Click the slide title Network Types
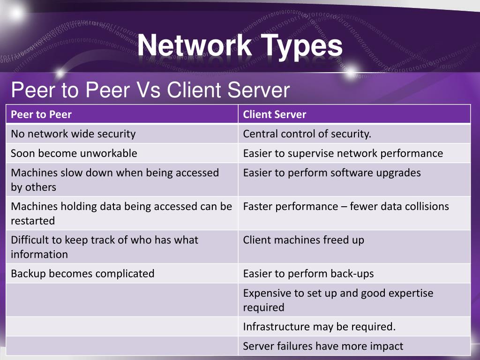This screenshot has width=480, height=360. tap(240, 46)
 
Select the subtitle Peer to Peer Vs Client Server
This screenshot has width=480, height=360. tap(150, 90)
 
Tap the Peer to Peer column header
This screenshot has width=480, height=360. tap(41, 114)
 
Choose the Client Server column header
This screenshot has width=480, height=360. tap(275, 114)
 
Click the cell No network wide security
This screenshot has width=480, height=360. tap(73, 134)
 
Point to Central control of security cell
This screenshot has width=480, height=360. tap(307, 134)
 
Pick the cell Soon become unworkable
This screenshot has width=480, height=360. tap(74, 153)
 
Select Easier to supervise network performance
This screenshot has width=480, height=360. tap(343, 153)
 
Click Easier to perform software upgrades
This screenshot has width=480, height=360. tap(332, 172)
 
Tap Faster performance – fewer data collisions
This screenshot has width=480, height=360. tap(346, 206)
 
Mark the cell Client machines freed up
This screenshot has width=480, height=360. tap(303, 240)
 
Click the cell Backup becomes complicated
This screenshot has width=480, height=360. tap(82, 273)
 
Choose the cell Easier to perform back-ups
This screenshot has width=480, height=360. tap(308, 273)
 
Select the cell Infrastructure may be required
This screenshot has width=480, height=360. tap(319, 327)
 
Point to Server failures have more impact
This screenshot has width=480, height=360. tap(323, 346)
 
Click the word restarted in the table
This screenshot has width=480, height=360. tap(33, 221)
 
